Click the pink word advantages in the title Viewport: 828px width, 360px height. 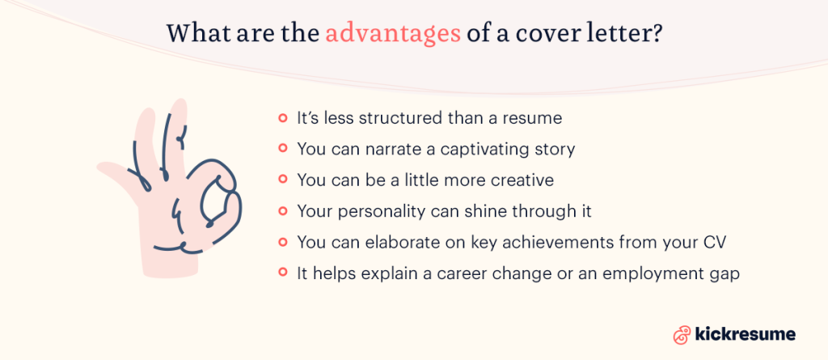(394, 36)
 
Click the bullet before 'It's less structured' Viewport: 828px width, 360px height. (283, 118)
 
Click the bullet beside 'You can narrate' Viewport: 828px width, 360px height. (283, 149)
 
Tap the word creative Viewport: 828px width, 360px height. (521, 180)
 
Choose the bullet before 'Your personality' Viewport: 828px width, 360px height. (283, 211)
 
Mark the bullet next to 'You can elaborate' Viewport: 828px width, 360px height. (283, 242)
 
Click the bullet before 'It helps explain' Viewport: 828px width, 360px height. (283, 273)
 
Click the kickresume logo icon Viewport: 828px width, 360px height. (682, 334)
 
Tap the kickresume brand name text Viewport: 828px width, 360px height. (746, 334)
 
